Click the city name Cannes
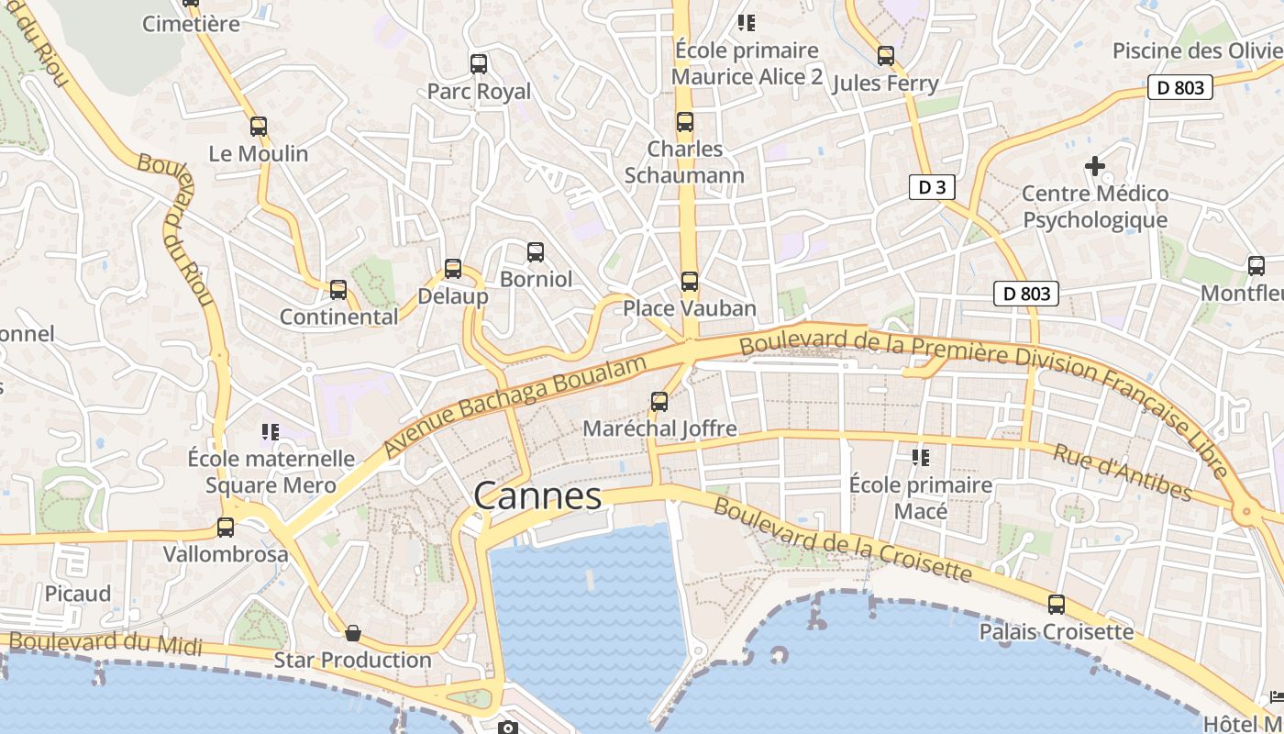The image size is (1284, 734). pyautogui.click(x=537, y=496)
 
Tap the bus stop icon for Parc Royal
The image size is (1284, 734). pyautogui.click(x=478, y=64)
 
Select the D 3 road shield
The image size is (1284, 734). pyautogui.click(x=932, y=187)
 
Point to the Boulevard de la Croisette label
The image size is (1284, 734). pyautogui.click(x=842, y=539)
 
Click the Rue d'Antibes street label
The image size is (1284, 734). pyautogui.click(x=1123, y=473)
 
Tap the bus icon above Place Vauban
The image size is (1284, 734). pyautogui.click(x=689, y=282)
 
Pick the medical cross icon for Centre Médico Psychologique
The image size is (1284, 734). pyautogui.click(x=1095, y=166)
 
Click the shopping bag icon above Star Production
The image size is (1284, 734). pyautogui.click(x=352, y=633)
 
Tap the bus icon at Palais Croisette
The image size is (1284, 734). pyautogui.click(x=1057, y=605)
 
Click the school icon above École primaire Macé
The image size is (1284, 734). pyautogui.click(x=920, y=457)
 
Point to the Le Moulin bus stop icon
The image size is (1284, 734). pyautogui.click(x=259, y=127)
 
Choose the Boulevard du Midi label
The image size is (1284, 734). pyautogui.click(x=105, y=642)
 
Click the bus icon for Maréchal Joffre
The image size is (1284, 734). pyautogui.click(x=659, y=401)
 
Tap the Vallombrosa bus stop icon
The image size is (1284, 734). pyautogui.click(x=226, y=528)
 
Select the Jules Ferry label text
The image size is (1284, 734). pyautogui.click(x=885, y=83)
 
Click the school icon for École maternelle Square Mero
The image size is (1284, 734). pyautogui.click(x=270, y=430)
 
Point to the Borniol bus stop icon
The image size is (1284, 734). pyautogui.click(x=536, y=251)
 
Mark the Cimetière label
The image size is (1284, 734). pyautogui.click(x=191, y=24)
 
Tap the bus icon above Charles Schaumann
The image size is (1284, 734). pyautogui.click(x=685, y=122)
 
